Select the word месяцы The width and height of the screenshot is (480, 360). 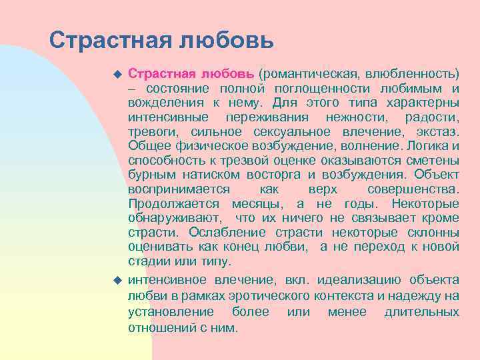click(259, 203)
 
